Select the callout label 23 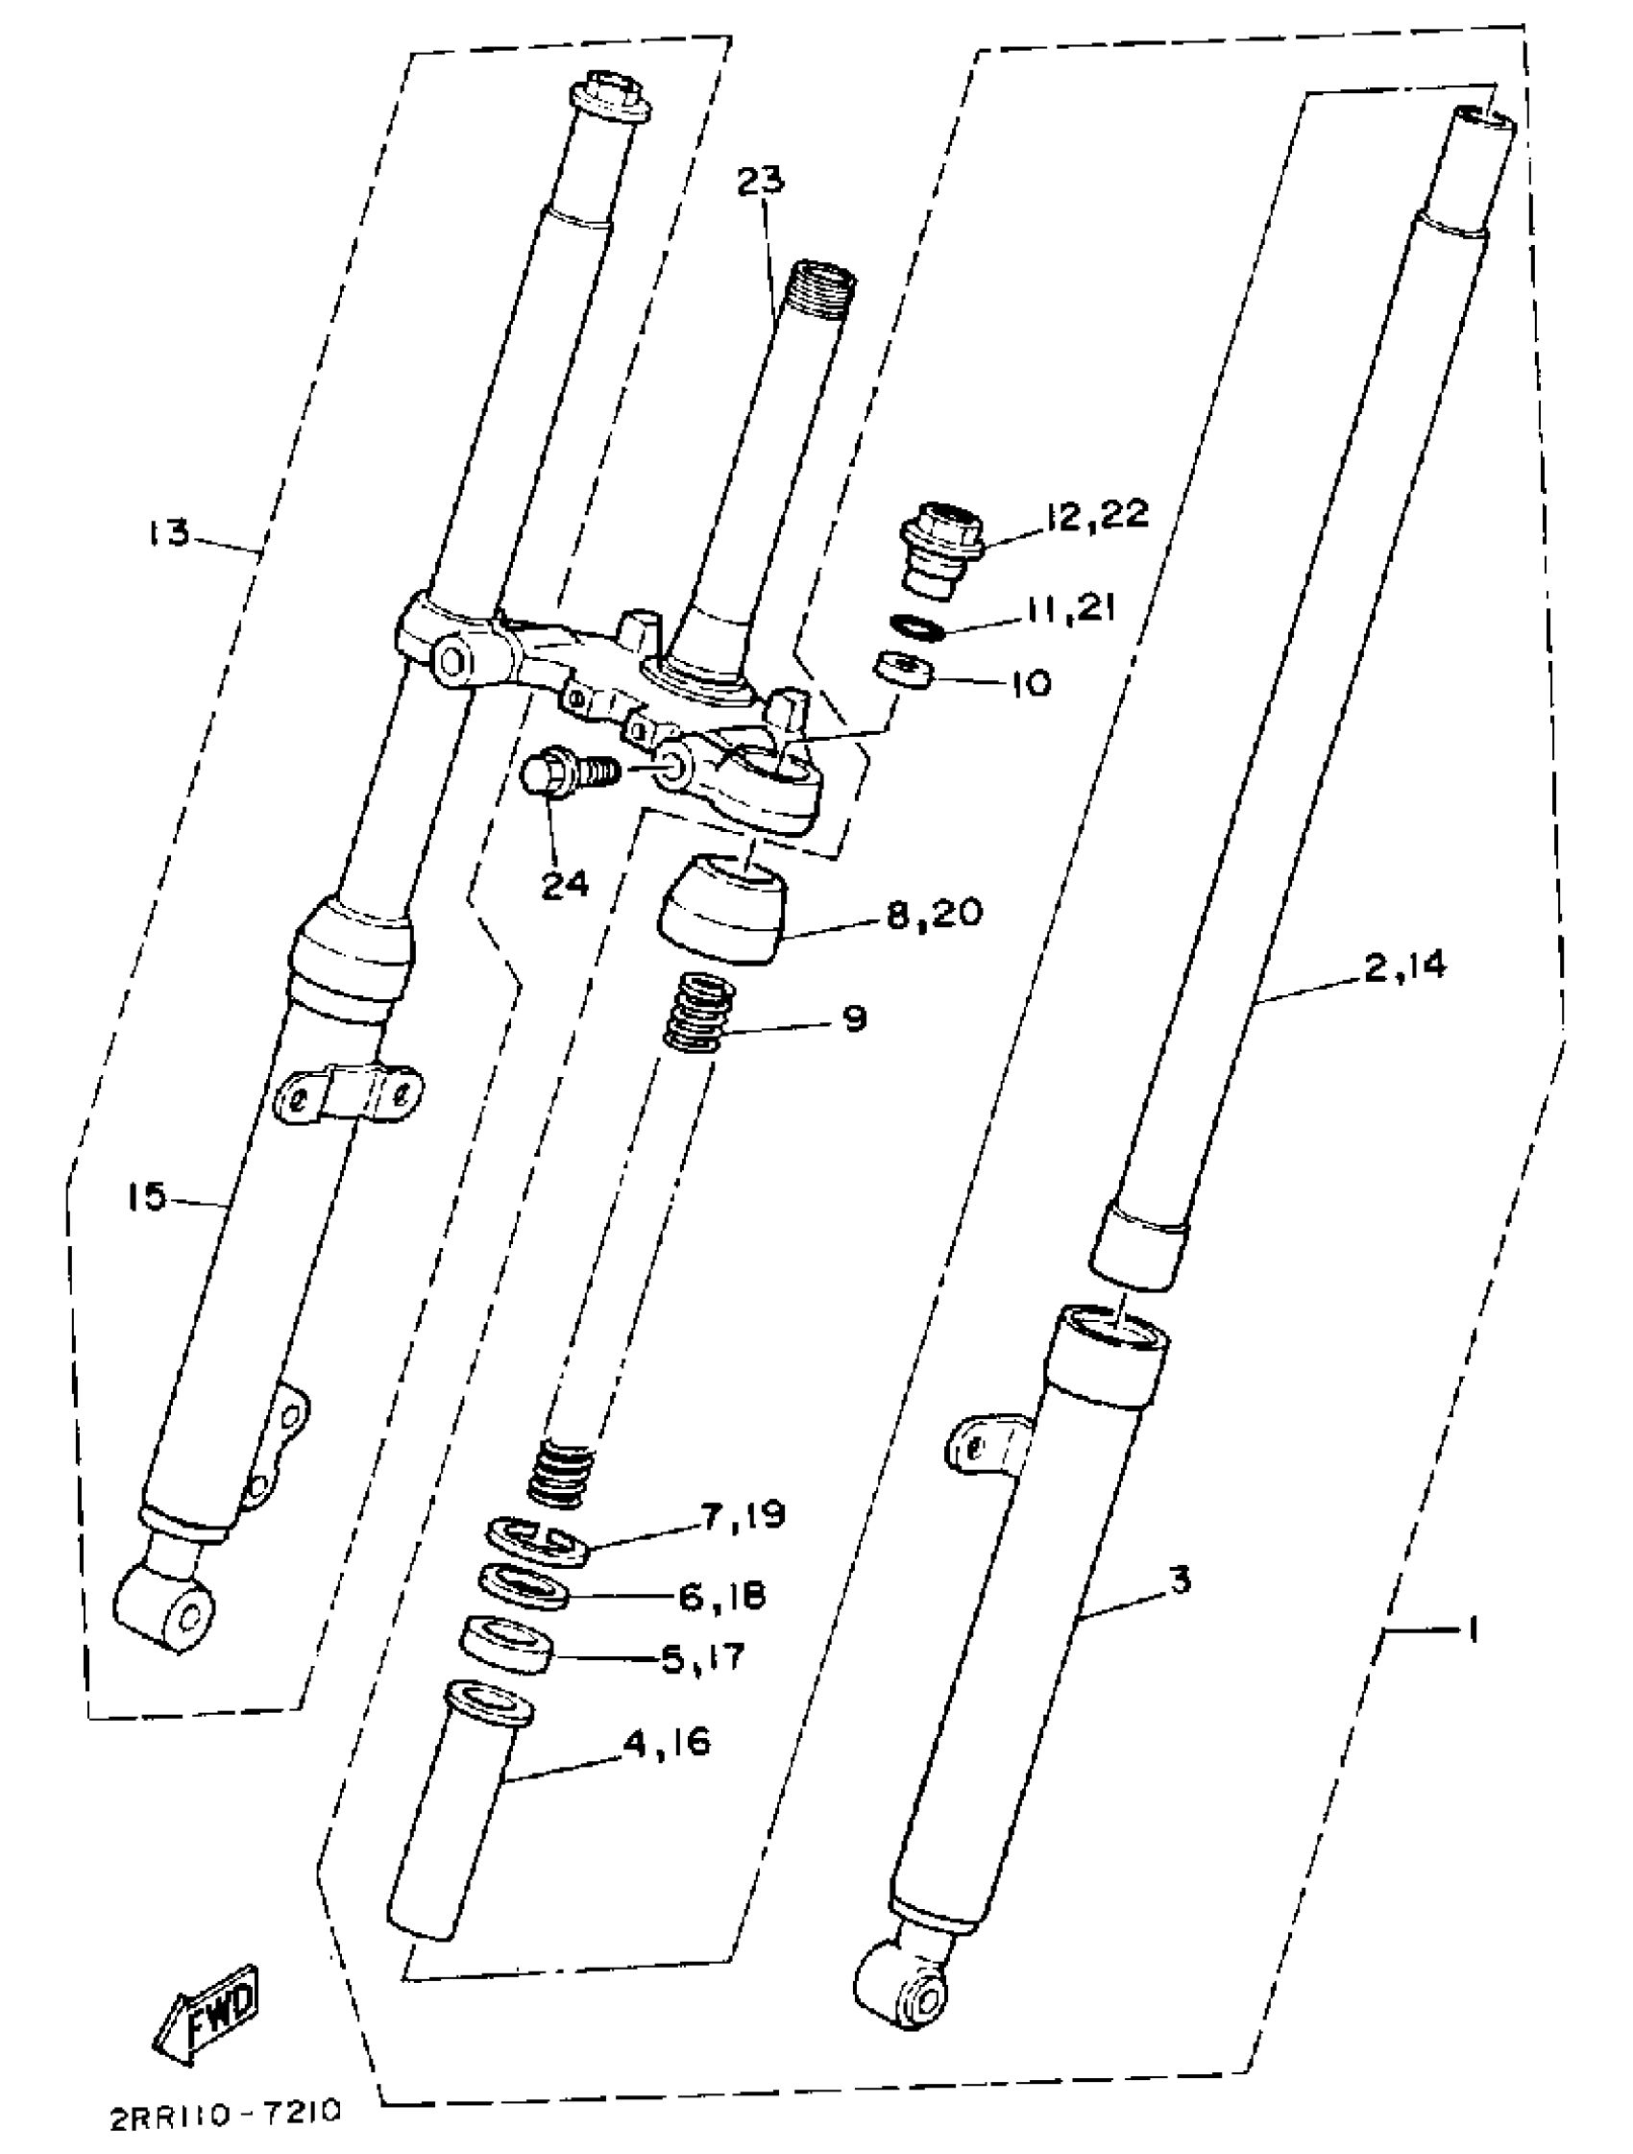tap(761, 182)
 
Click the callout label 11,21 tap(1068, 611)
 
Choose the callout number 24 tap(566, 883)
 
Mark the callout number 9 tap(853, 1019)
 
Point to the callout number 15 tap(147, 1197)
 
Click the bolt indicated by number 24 tap(565, 774)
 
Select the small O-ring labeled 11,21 tap(916, 628)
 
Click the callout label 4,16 tap(666, 1738)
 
